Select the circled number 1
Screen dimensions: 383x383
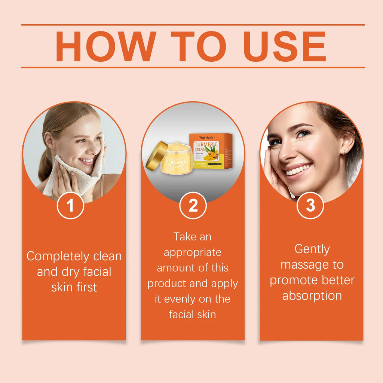tap(70, 205)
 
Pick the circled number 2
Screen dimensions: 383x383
tap(193, 205)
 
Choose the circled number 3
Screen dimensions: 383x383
tap(310, 205)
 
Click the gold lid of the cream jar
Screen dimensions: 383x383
tap(156, 156)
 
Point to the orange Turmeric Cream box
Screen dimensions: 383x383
tap(211, 151)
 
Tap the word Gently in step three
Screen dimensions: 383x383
tap(312, 249)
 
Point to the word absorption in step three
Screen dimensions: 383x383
tap(312, 296)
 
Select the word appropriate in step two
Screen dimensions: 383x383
tap(193, 252)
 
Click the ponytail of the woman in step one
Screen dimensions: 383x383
tap(46, 165)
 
